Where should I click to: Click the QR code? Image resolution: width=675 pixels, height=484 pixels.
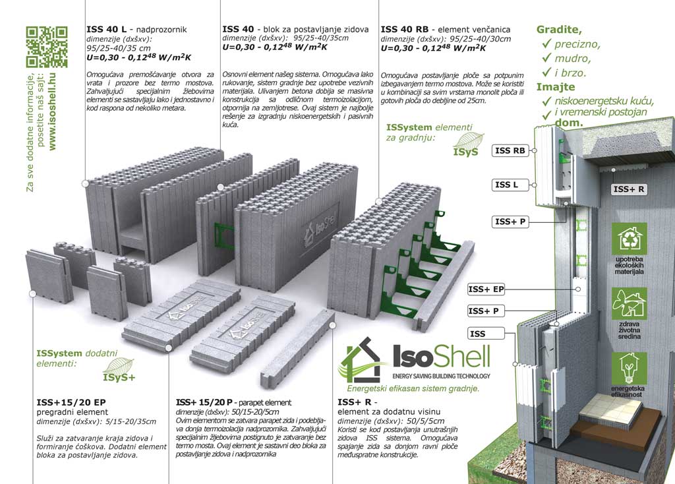click(x=47, y=47)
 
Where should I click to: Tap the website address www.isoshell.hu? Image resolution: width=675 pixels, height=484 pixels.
click(x=53, y=111)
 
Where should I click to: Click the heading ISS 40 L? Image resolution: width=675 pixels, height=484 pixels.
click(x=106, y=29)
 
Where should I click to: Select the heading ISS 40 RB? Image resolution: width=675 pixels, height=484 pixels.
click(x=404, y=29)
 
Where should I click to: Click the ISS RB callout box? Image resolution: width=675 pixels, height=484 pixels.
click(x=510, y=151)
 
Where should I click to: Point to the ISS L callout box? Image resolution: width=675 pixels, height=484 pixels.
click(x=506, y=185)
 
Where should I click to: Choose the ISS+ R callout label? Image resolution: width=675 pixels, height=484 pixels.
click(x=628, y=189)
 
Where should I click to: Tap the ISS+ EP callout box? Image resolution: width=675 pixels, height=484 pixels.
click(x=486, y=289)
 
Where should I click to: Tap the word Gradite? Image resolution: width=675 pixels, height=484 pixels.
click(x=559, y=30)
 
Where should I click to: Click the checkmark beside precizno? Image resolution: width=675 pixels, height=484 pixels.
click(x=546, y=44)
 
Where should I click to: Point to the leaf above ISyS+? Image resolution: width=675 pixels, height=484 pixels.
click(x=119, y=366)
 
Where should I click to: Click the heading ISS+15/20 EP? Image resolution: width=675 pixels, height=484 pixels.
click(x=71, y=403)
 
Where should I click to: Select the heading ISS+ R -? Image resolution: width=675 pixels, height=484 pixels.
click(x=357, y=402)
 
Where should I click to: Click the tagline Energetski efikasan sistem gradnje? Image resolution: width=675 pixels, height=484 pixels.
click(x=413, y=388)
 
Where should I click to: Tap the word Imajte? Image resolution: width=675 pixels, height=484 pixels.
click(x=555, y=87)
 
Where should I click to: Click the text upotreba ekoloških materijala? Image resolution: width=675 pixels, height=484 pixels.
click(x=630, y=266)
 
